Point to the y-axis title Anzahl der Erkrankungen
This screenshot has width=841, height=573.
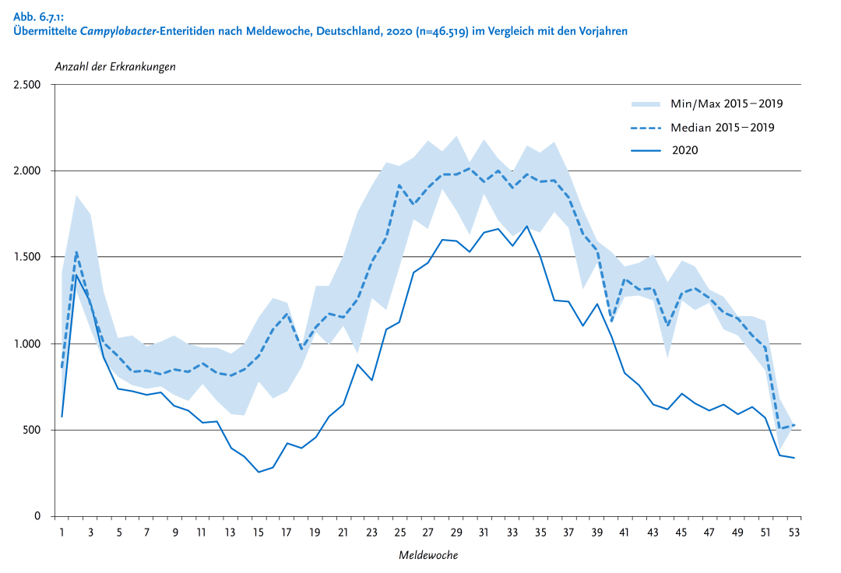click(x=115, y=66)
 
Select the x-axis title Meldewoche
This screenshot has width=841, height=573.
click(x=428, y=555)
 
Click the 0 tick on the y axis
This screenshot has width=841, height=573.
click(x=37, y=516)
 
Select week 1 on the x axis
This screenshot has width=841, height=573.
click(x=62, y=533)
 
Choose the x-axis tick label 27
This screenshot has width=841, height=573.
click(x=428, y=533)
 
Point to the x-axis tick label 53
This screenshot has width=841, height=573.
click(x=794, y=533)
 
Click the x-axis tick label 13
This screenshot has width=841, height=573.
click(x=230, y=533)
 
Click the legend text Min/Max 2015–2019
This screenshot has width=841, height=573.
click(x=727, y=103)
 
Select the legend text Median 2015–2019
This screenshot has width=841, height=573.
click(x=723, y=127)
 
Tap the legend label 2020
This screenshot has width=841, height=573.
click(x=684, y=150)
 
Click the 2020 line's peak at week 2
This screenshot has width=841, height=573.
click(x=76, y=276)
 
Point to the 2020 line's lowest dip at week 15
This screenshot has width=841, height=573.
click(x=259, y=472)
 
